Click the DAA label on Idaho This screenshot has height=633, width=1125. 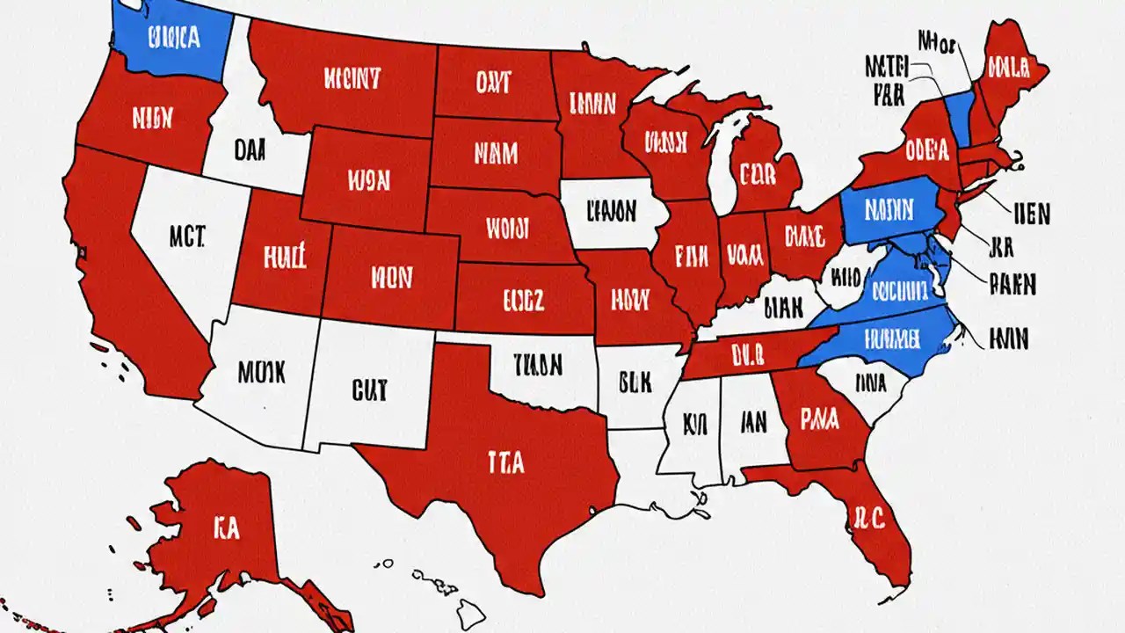click(x=250, y=150)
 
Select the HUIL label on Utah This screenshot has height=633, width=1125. click(x=283, y=257)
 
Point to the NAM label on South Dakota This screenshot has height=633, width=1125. click(x=496, y=155)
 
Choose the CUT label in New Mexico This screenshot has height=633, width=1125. click(x=368, y=391)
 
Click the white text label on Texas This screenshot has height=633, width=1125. click(x=505, y=461)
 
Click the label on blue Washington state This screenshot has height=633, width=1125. click(x=174, y=37)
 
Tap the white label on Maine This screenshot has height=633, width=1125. click(x=1008, y=66)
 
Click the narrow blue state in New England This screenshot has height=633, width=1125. click(x=960, y=119)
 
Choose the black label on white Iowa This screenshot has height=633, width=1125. click(x=610, y=212)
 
